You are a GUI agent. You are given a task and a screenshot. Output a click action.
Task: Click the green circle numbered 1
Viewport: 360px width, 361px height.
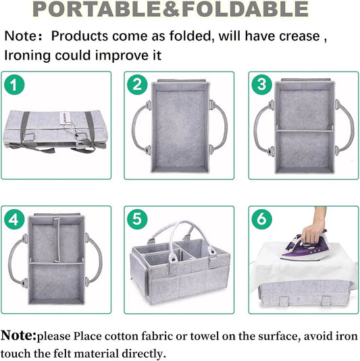14,84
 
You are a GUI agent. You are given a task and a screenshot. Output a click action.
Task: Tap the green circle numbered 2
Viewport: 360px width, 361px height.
137,84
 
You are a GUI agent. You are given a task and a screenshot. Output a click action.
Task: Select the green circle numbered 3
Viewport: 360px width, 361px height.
261,84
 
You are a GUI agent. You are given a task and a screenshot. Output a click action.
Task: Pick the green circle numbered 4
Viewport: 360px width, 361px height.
14,219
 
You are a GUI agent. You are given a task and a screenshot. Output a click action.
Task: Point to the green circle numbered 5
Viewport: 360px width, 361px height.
137,219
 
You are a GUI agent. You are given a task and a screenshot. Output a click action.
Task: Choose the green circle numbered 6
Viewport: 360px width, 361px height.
261,219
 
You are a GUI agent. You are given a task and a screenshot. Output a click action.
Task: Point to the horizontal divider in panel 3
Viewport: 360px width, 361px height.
304,131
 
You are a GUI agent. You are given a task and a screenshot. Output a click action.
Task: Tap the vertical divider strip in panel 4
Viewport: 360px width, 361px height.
57,240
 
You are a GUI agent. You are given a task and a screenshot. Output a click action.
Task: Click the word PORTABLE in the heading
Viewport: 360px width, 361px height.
97,9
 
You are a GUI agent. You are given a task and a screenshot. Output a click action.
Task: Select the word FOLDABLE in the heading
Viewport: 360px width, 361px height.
245,9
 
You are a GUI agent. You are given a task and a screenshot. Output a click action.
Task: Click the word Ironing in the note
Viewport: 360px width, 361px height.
28,56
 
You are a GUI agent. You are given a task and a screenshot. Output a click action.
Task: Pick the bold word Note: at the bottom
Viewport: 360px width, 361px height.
18,335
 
